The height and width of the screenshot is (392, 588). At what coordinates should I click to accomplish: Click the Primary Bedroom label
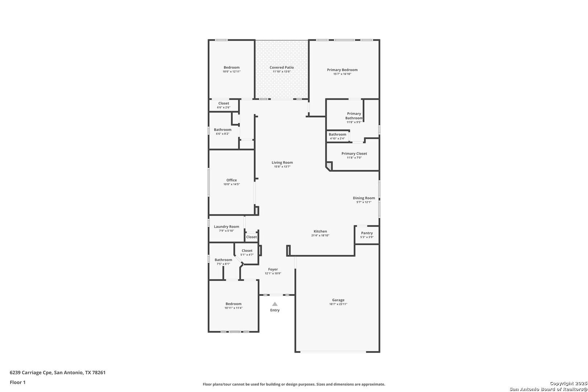pos(342,70)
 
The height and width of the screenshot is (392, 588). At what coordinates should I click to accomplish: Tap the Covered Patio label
pos(281,68)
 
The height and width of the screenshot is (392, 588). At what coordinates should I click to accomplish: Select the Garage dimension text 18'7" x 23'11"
pos(338,304)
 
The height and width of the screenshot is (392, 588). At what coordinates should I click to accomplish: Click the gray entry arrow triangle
pos(275,304)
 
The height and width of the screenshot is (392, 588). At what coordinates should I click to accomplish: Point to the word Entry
pos(275,310)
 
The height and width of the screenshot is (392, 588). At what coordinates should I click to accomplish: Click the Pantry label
pos(367,233)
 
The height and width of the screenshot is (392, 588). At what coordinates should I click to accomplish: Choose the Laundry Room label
pos(226,226)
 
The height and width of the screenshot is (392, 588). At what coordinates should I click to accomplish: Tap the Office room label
pos(232,180)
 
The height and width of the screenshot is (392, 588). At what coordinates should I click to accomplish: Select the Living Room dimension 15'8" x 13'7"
pos(282,167)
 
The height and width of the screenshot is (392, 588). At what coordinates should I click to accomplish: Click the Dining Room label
pos(364,198)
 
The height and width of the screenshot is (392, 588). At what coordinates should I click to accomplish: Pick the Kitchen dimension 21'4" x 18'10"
pos(320,235)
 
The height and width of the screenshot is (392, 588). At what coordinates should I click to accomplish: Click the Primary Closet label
pos(354,154)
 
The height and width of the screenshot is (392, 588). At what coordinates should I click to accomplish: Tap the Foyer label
pos(273,269)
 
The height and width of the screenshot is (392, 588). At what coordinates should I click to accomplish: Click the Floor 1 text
pos(17,382)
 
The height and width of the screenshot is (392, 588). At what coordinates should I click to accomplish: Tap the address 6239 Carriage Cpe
pos(31,372)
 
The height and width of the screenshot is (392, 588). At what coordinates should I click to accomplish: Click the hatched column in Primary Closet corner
pos(329,166)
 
